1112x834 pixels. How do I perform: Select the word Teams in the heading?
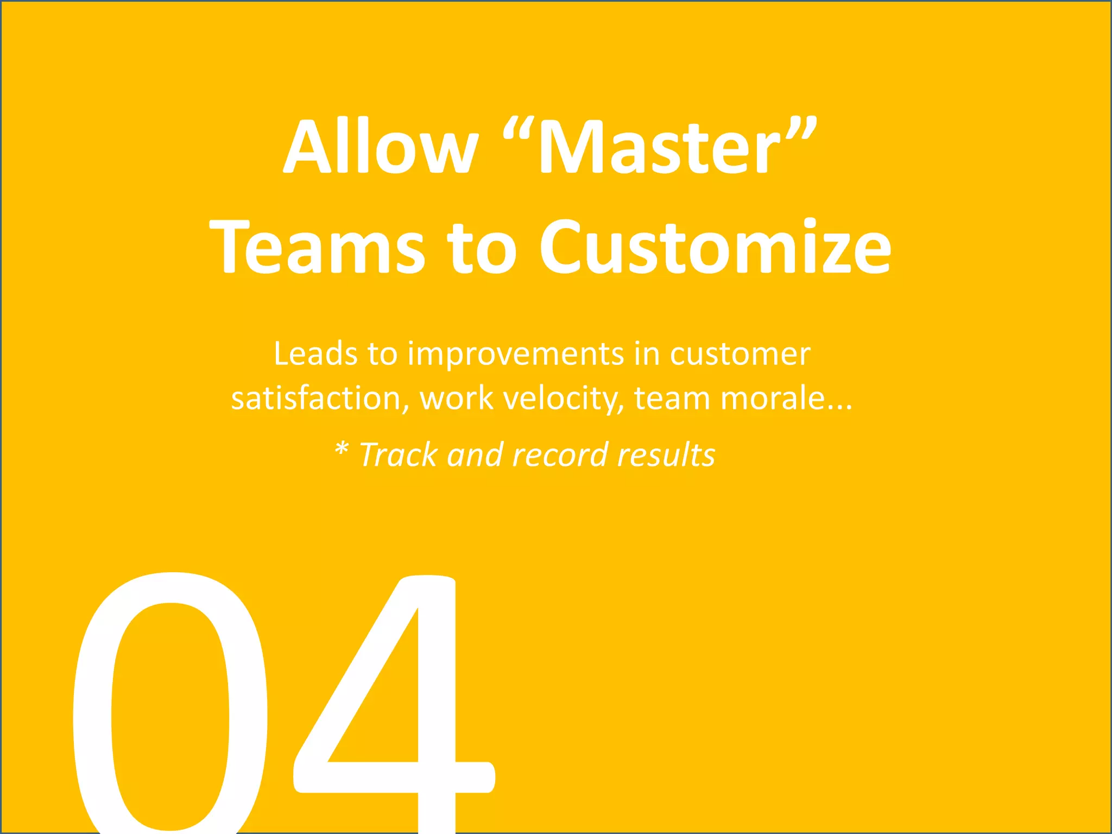click(x=317, y=247)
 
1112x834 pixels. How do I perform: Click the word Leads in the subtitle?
click(x=315, y=354)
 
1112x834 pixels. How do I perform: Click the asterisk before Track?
click(x=341, y=450)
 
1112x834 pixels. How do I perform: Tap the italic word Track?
click(x=399, y=455)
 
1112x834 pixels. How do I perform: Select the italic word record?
click(x=560, y=455)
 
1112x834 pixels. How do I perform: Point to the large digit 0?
click(x=170, y=706)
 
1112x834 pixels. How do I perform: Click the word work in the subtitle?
click(x=456, y=399)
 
